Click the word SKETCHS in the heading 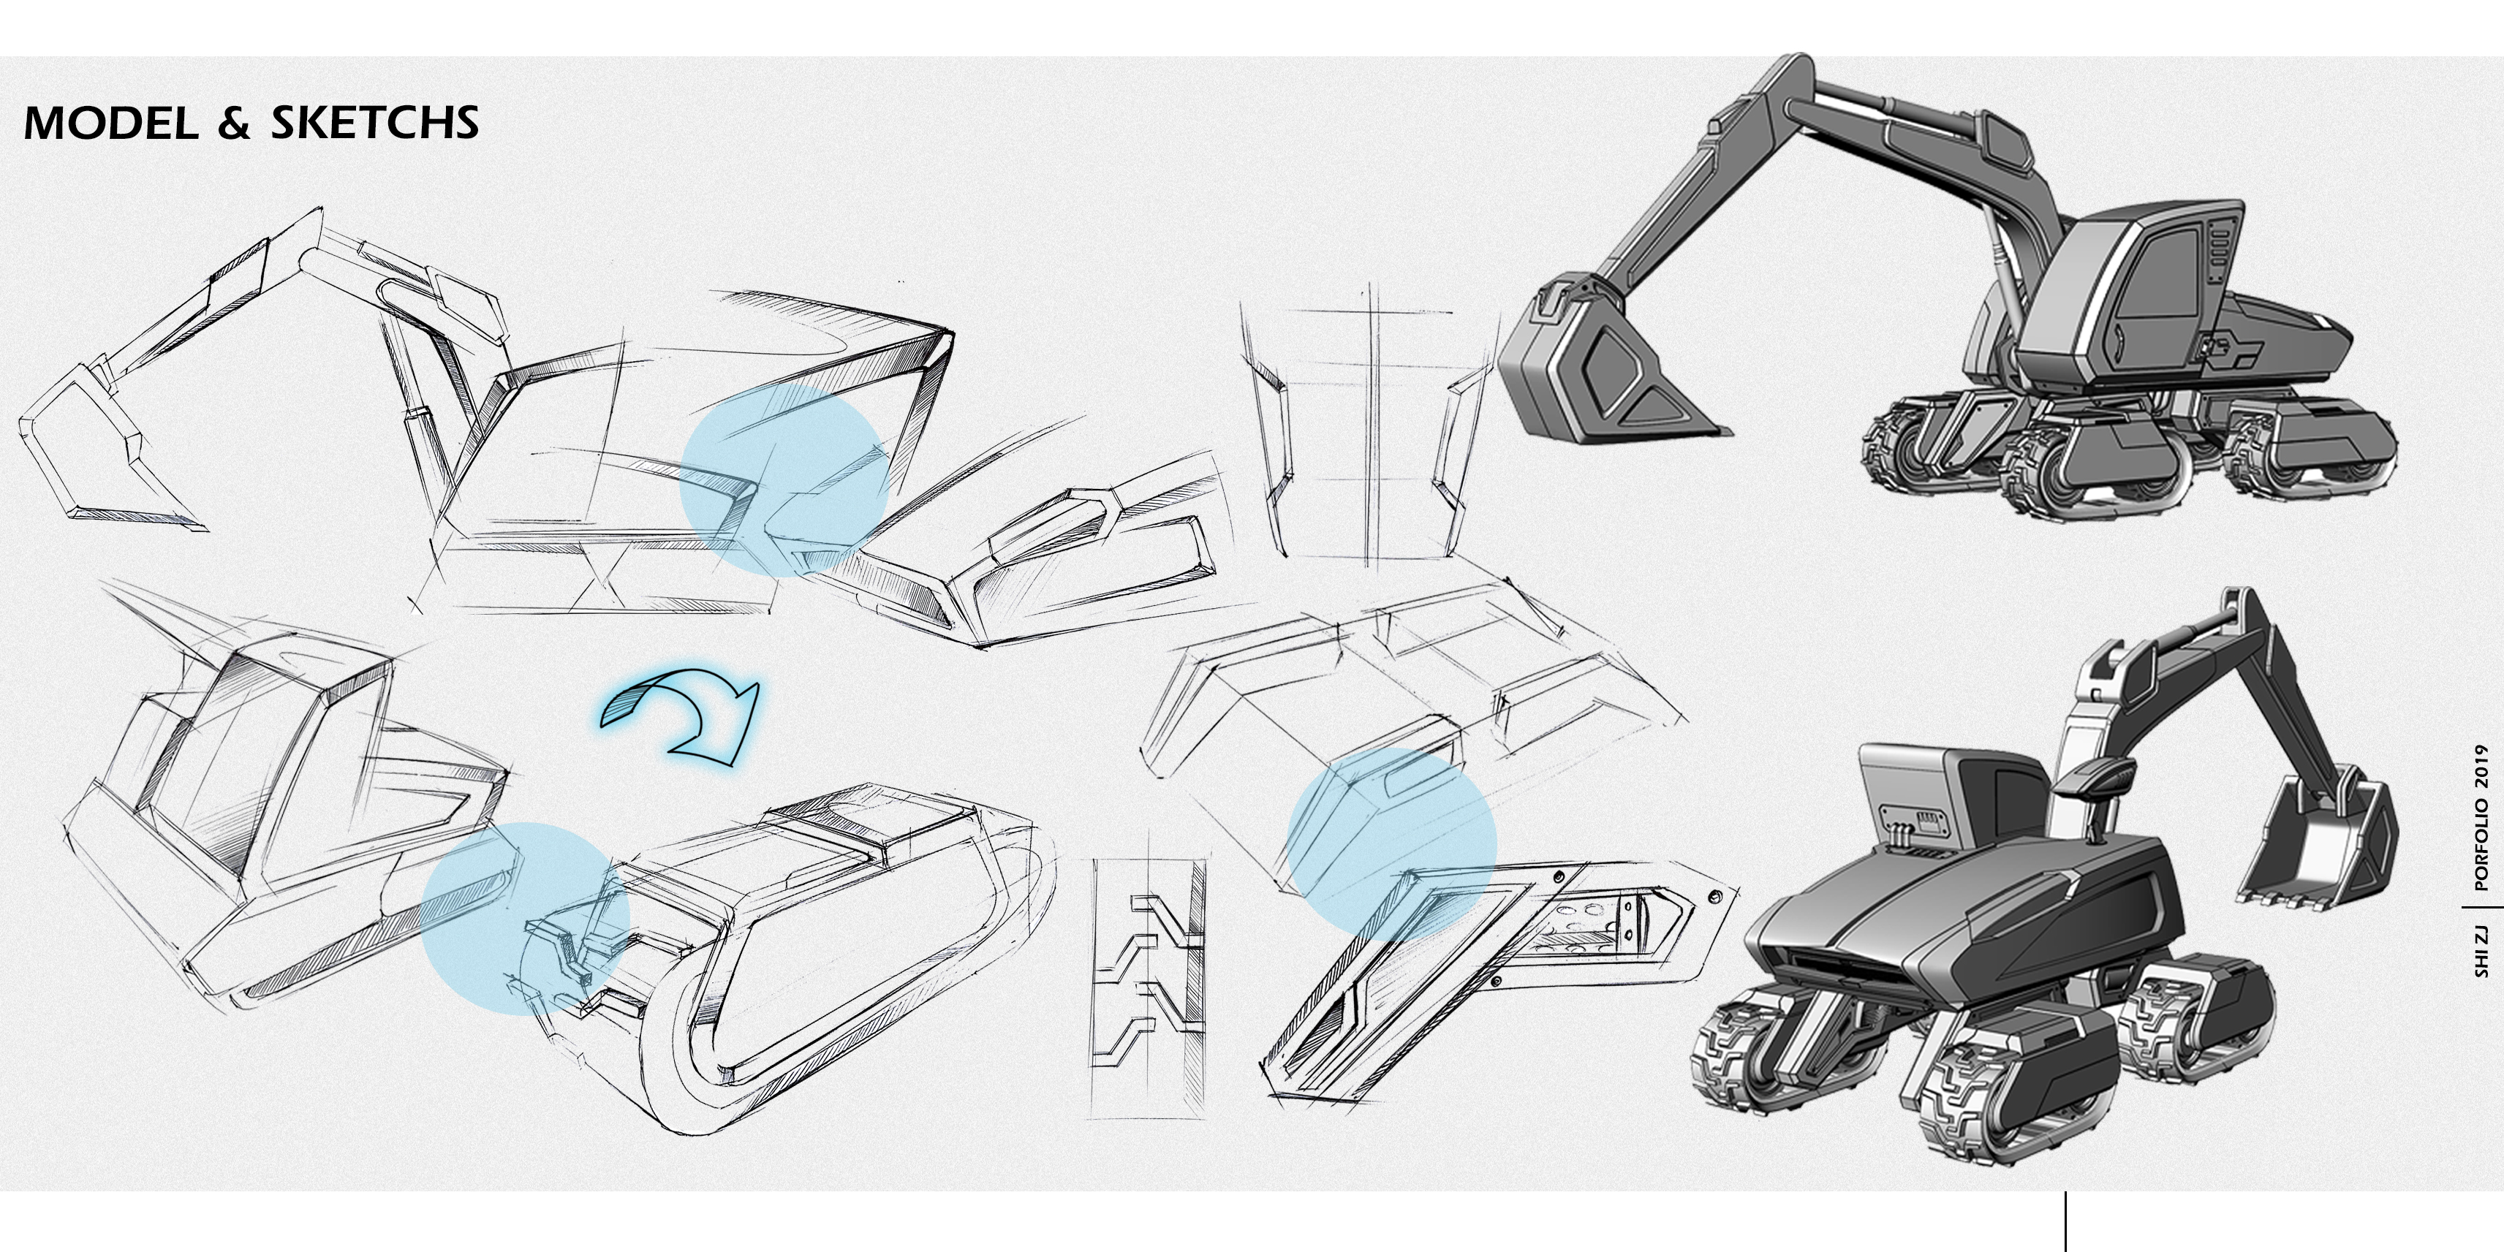374,124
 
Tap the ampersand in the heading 233,124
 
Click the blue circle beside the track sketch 525,919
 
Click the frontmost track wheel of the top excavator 2051,477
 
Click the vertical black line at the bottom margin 2065,1222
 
